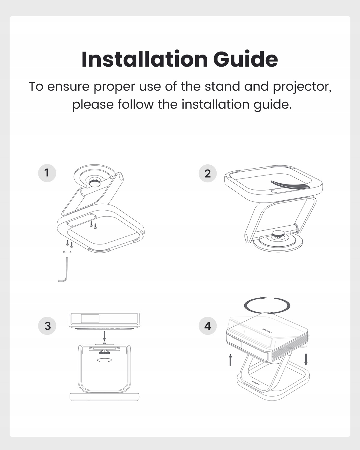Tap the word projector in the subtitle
click(x=302, y=87)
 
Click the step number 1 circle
click(x=47, y=173)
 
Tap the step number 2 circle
click(x=208, y=173)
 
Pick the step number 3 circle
click(x=47, y=326)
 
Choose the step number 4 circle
click(x=208, y=326)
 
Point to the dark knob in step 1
click(x=95, y=183)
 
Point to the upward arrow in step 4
click(x=230, y=360)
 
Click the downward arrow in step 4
click(x=306, y=360)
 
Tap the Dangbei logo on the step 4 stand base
click(x=256, y=382)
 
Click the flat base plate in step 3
click(x=104, y=397)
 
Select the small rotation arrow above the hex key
click(x=67, y=252)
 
